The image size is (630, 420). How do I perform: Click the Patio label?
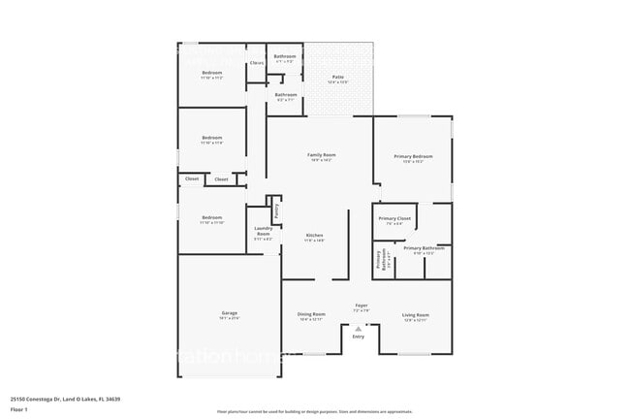tap(338, 77)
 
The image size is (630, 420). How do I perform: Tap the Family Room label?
tap(322, 155)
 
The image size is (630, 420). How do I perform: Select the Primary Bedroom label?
tap(413, 156)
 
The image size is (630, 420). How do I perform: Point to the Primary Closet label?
tap(394, 218)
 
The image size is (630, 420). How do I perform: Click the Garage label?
tap(230, 313)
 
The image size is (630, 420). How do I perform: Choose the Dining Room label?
tap(311, 314)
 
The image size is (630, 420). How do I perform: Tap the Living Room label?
tap(416, 314)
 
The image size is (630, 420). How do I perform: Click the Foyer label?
tap(361, 306)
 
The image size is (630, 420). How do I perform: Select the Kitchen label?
tap(315, 236)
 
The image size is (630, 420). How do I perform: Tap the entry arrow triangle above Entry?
tap(359, 329)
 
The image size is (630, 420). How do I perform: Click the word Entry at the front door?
tap(359, 337)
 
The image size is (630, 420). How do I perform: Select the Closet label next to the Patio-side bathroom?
tap(257, 63)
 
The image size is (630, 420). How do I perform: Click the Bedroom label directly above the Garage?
tap(211, 217)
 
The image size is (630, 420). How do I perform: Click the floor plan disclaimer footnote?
tap(314, 412)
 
